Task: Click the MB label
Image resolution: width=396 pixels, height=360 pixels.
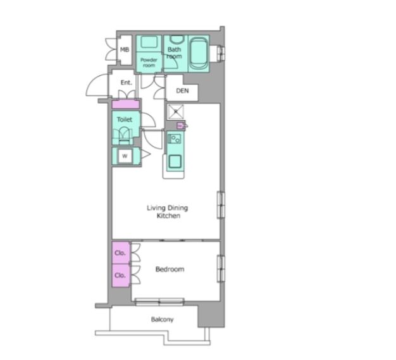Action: [125, 50]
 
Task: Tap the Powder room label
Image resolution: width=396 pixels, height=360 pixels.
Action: [149, 63]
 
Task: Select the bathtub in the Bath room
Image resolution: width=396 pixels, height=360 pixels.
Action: [199, 53]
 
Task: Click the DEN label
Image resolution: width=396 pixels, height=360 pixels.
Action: [182, 90]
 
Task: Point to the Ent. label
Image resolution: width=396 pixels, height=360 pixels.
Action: [126, 83]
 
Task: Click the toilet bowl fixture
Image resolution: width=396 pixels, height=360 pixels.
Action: [123, 136]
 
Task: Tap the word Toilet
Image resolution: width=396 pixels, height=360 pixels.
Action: [125, 119]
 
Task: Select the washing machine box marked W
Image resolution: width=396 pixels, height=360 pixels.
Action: [125, 156]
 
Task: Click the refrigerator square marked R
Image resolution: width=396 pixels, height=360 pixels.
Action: [175, 111]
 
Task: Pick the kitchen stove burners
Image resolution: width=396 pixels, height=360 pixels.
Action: [175, 139]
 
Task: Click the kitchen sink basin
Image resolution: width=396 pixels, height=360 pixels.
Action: [175, 161]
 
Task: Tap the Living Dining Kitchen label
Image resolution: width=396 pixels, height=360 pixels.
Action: [168, 212]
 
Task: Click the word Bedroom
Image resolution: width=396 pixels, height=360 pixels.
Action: [170, 269]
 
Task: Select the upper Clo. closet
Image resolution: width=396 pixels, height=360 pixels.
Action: [121, 253]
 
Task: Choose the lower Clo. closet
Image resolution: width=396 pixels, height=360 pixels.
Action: [121, 275]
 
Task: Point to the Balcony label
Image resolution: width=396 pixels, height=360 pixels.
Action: [162, 320]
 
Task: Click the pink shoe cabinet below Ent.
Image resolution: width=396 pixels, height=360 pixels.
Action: [125, 104]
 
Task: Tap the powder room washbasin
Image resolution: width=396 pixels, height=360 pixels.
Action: [149, 42]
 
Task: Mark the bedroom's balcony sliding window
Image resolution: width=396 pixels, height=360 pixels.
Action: [159, 302]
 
